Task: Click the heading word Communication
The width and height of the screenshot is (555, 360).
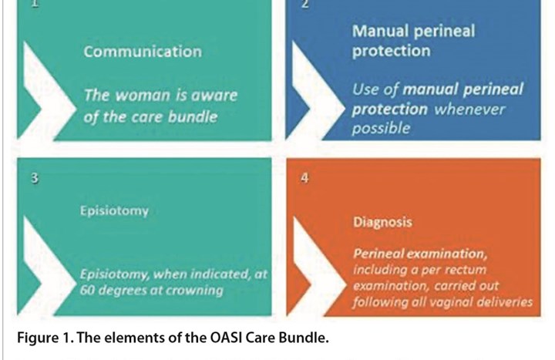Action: pos(143,52)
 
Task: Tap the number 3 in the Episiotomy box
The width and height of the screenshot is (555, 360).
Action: pos(35,178)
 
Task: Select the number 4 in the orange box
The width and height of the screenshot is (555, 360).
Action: pos(304,178)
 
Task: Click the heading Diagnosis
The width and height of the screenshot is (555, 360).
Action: pos(382,222)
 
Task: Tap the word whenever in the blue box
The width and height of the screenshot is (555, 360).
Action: pos(469,109)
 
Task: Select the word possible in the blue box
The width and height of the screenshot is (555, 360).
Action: pos(381,128)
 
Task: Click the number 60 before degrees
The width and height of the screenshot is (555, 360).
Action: pos(86,291)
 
